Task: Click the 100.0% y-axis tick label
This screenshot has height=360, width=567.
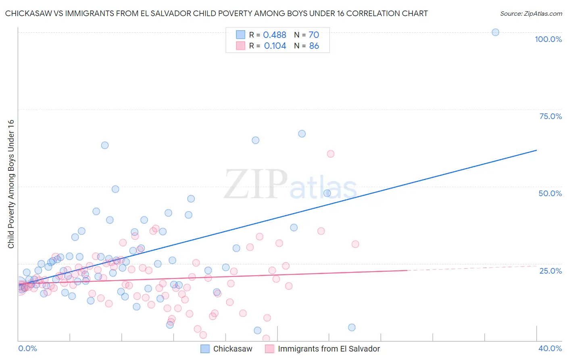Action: coord(548,39)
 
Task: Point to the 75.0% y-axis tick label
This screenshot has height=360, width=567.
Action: coord(550,116)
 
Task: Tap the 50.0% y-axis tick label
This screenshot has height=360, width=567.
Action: coord(550,193)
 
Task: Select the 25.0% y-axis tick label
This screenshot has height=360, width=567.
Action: coord(550,270)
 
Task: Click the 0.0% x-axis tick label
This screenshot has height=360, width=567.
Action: coord(27,348)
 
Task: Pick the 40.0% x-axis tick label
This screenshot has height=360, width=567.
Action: coord(550,348)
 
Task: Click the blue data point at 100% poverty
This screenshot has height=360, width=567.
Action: coord(495,32)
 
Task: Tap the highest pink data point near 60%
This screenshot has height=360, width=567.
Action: coord(331,154)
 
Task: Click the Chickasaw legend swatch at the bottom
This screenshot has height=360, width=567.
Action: coord(205,349)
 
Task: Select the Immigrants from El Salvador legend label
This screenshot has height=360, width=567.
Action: coord(329,349)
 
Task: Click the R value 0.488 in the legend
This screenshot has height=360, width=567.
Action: coord(275,35)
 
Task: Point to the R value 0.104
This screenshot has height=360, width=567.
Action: coord(275,46)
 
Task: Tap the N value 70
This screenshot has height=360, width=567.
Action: coord(314,35)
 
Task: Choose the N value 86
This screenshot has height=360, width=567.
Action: coord(314,46)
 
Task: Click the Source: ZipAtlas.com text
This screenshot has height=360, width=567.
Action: coord(531,14)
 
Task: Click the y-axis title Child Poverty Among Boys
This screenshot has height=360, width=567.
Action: coord(11,184)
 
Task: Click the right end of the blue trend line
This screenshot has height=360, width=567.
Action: coord(536,150)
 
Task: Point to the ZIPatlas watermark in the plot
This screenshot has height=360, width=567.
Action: coord(290,185)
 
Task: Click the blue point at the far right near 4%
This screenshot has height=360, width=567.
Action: coord(352,327)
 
